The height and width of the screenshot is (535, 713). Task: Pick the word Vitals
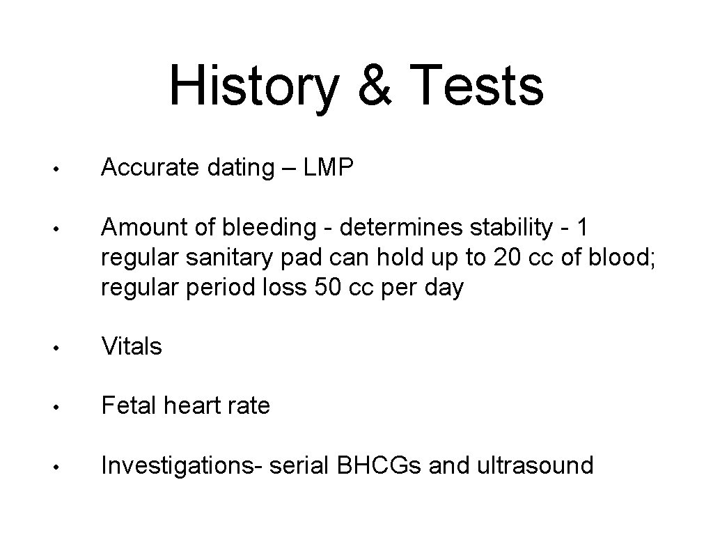tap(132, 346)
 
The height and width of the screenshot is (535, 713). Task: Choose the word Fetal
tap(129, 405)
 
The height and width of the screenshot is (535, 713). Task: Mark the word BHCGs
tap(381, 465)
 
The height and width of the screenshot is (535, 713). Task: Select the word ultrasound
tap(536, 465)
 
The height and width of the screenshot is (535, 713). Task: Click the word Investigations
tap(178, 465)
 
